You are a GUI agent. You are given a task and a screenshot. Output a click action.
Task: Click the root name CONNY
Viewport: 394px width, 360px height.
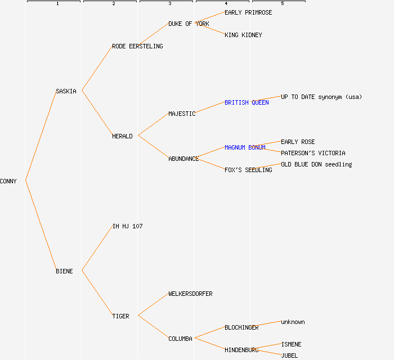8,181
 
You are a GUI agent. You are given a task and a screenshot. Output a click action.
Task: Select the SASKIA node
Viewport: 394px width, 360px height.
66,91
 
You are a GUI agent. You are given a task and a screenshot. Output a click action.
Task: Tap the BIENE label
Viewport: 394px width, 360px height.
64,271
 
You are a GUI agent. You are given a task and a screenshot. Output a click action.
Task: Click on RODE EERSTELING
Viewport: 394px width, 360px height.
137,46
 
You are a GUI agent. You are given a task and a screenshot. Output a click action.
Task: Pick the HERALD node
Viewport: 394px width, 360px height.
122,136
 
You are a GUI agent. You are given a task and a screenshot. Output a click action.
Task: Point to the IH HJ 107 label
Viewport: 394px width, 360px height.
127,226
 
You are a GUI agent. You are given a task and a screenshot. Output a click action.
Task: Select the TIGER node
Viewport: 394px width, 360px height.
120,316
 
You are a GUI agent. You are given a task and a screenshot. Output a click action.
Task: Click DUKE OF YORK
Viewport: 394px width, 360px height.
189,24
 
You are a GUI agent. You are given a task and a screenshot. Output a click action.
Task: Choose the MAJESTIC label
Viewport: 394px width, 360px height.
182,114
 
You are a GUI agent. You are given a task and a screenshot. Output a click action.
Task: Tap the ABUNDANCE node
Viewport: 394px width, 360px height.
183,159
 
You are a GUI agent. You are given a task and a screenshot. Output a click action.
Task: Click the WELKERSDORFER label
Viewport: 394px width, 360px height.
190,294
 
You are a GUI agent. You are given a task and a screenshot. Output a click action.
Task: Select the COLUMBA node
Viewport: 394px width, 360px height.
180,339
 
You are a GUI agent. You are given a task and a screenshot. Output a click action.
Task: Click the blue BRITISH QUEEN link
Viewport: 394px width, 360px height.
247,102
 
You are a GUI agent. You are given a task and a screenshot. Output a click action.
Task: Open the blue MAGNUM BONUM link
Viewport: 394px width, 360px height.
245,147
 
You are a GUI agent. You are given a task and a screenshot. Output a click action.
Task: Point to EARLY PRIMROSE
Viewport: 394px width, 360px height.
248,12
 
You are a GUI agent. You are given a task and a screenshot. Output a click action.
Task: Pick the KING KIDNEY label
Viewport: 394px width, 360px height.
243,35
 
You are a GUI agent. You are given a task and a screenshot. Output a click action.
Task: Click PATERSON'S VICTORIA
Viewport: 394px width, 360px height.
313,153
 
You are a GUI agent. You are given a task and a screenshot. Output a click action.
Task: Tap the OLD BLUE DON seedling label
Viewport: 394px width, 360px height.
316,164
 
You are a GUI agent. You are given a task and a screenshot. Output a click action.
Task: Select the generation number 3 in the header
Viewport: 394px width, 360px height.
170,4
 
